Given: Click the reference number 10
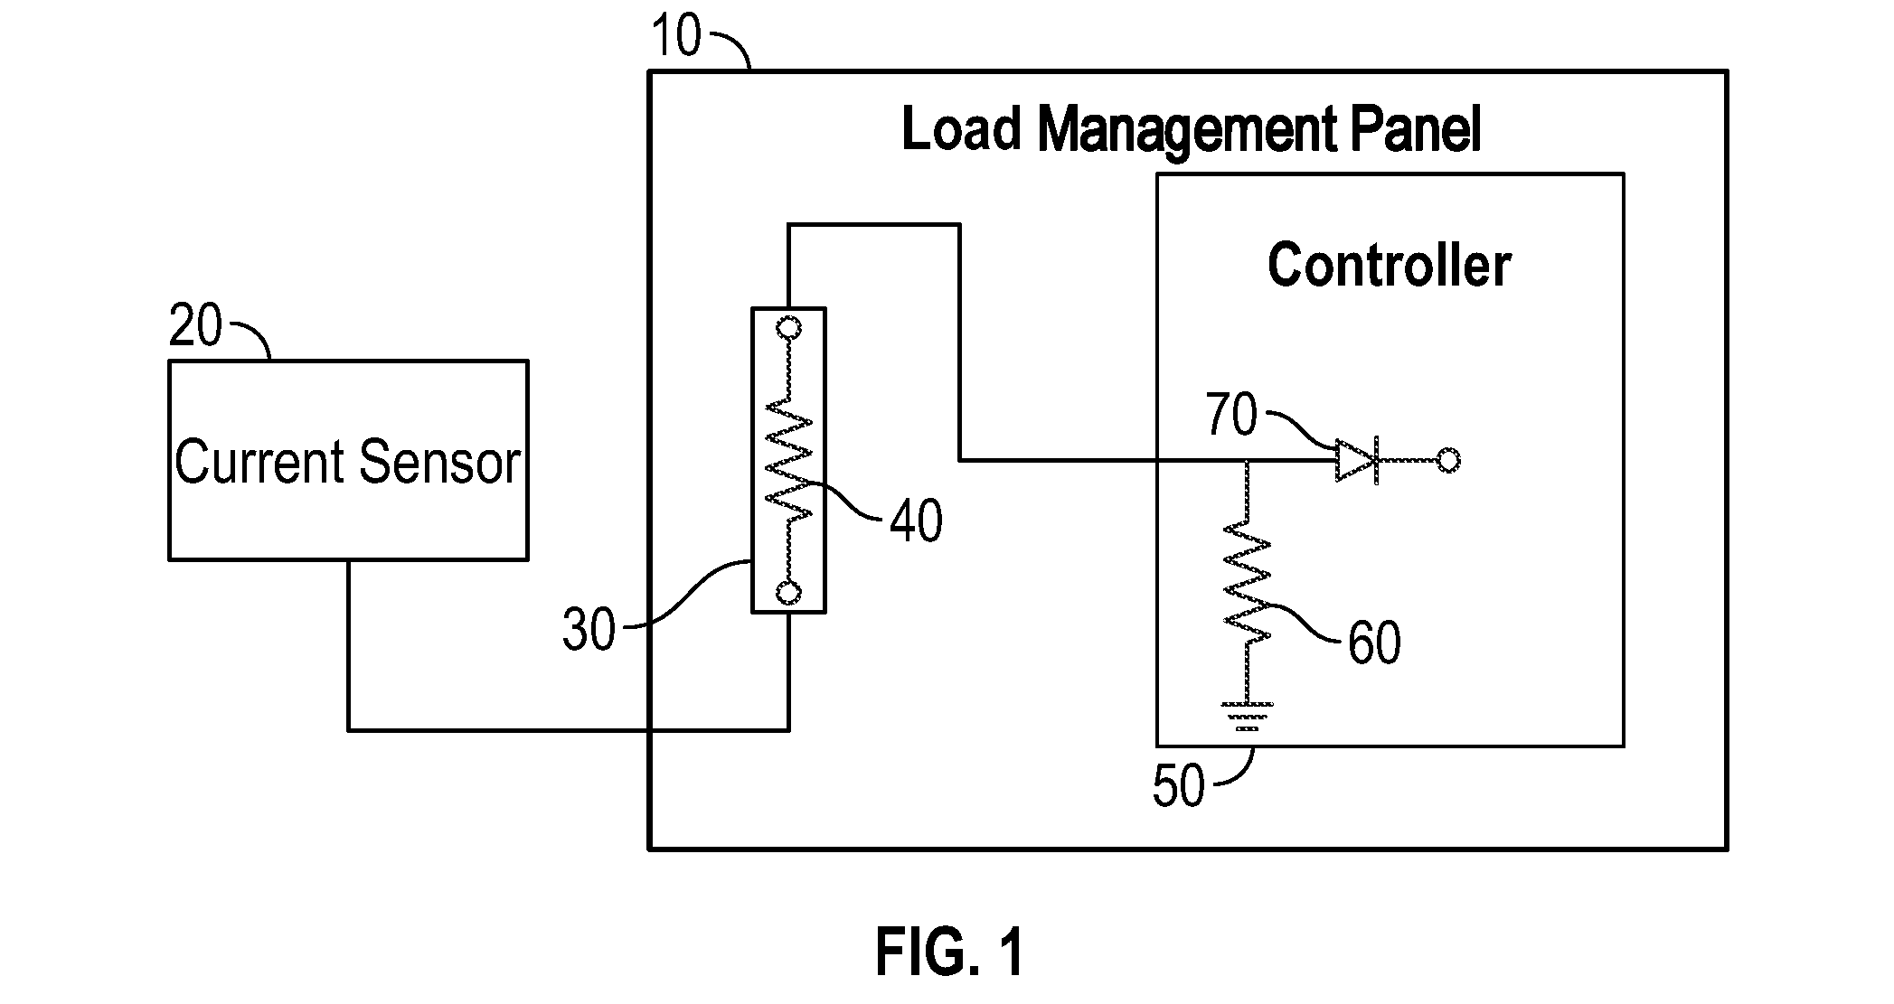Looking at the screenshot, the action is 676,37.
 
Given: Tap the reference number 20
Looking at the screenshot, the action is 195,326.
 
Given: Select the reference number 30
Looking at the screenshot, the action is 589,630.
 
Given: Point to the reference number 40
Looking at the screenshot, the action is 916,521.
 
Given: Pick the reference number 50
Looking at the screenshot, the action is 1179,786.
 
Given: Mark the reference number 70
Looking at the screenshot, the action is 1231,416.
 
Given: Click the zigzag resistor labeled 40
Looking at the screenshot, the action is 789,459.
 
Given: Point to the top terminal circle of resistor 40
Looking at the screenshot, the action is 788,327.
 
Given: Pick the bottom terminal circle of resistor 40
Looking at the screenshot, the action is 788,593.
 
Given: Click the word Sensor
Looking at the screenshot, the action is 440,462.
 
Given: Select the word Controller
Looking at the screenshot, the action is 1389,265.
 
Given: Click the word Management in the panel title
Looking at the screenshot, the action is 1185,132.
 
